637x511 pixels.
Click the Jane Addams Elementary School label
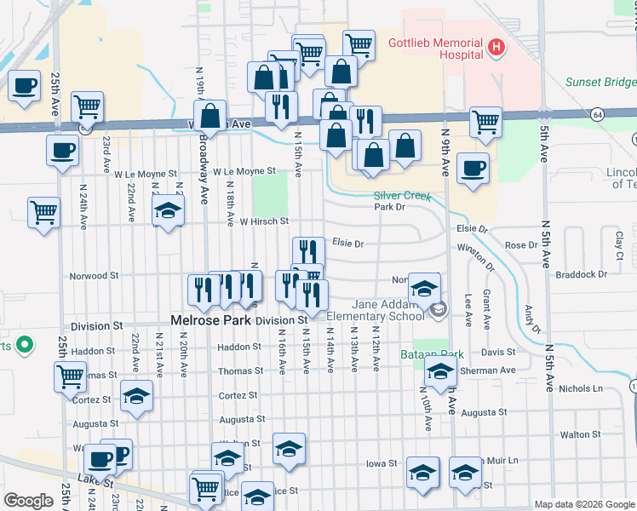pyautogui.click(x=388, y=311)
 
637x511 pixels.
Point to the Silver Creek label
pyautogui.click(x=404, y=196)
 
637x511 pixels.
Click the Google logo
pyautogui.click(x=28, y=501)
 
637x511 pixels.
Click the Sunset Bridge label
pyautogui.click(x=601, y=83)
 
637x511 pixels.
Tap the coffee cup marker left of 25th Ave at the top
pyautogui.click(x=24, y=86)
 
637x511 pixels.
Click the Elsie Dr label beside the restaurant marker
pyautogui.click(x=348, y=244)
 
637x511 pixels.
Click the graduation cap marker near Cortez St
pyautogui.click(x=137, y=397)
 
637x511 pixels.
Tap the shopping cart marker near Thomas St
pyautogui.click(x=70, y=375)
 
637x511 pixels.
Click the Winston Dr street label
pyautogui.click(x=476, y=256)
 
